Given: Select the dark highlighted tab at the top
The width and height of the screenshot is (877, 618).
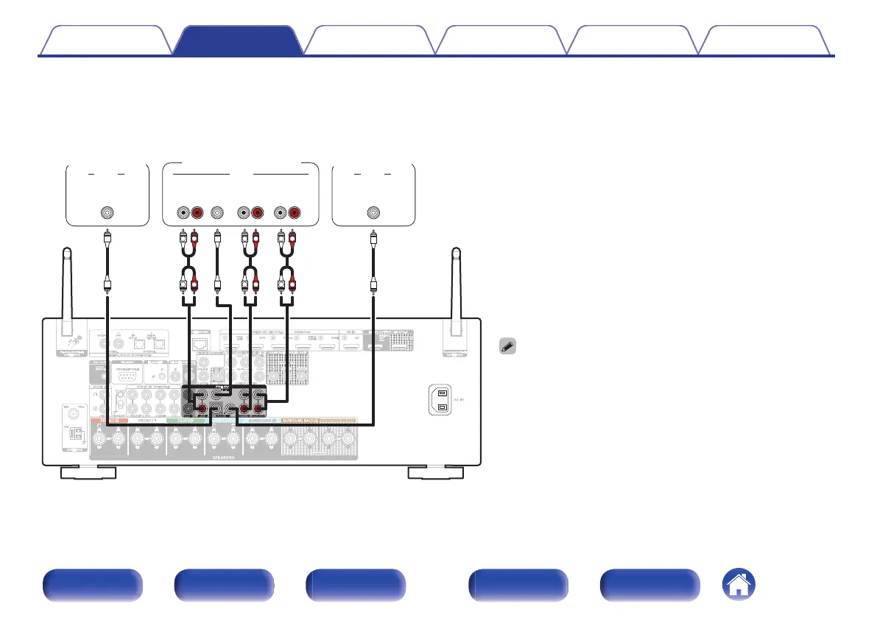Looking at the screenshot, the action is point(237,41).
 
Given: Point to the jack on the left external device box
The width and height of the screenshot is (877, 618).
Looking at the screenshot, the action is point(108,214).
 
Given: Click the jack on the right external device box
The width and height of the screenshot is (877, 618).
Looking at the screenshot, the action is point(373,214).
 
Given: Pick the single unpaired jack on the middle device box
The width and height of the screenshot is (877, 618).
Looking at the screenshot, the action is point(216,214).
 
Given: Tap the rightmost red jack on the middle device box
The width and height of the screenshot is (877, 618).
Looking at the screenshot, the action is point(295,214).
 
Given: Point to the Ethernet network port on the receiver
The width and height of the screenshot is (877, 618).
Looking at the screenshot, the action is point(199,343).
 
